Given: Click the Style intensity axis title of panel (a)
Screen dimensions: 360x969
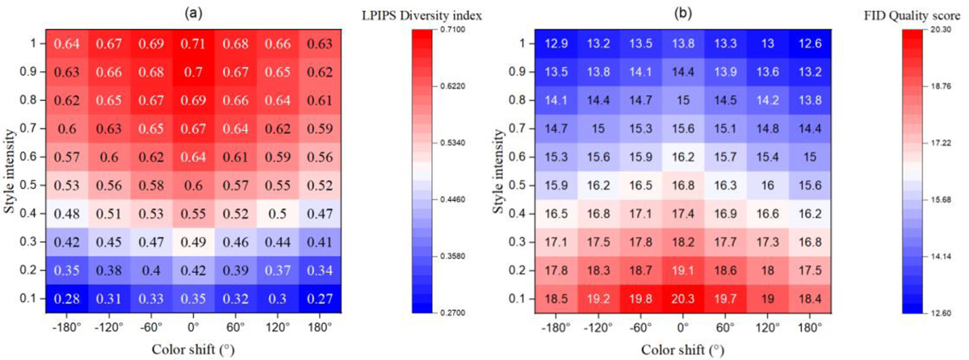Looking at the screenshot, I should tap(10, 170).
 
